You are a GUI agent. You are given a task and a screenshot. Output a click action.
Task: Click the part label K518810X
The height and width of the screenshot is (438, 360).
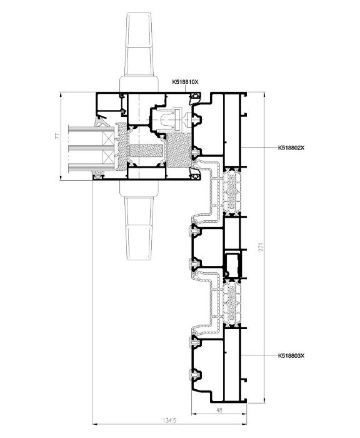click(x=185, y=82)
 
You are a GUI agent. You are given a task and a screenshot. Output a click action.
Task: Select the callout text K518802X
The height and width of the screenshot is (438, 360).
click(x=291, y=148)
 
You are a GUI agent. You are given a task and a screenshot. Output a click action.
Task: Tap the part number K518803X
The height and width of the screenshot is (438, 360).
click(x=291, y=356)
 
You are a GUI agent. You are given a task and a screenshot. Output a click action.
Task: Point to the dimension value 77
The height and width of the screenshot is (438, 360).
click(x=57, y=136)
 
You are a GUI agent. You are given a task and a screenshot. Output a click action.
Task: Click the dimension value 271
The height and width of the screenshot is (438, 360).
click(x=261, y=247)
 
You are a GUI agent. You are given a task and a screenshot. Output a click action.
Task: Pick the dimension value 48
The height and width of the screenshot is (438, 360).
click(x=219, y=410)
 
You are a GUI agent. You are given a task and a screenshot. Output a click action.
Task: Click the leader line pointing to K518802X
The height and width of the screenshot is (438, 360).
click(x=259, y=148)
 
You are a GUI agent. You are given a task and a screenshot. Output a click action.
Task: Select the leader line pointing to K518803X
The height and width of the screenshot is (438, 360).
click(x=259, y=355)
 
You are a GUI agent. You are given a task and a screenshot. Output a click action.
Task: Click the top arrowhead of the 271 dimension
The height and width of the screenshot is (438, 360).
click(x=264, y=94)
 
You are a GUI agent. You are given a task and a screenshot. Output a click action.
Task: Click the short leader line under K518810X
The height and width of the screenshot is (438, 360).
click(x=185, y=89)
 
